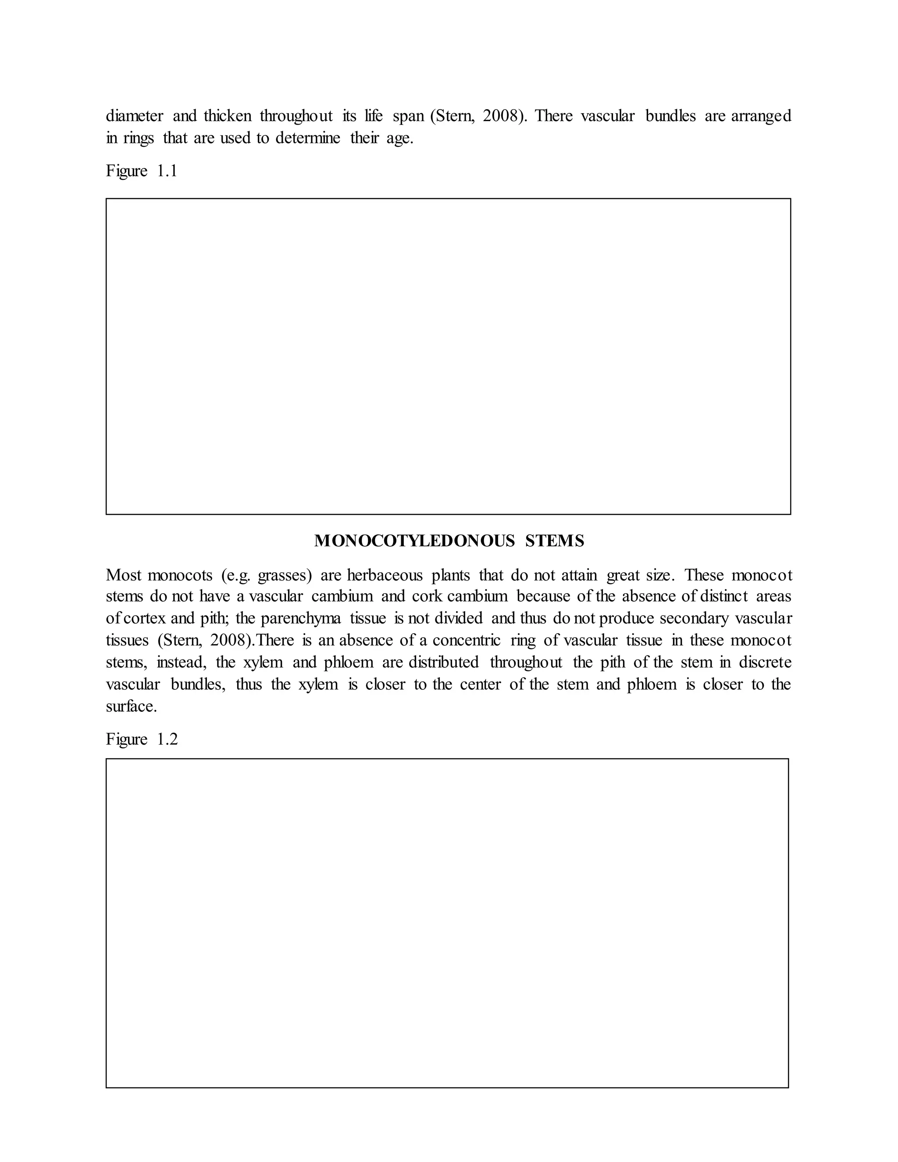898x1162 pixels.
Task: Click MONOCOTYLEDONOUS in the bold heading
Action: coord(414,541)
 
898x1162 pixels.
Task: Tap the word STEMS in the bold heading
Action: coord(555,541)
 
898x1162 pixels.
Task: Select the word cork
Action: coord(427,596)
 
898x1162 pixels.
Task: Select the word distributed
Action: coord(444,663)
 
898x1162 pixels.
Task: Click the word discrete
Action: coord(765,663)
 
